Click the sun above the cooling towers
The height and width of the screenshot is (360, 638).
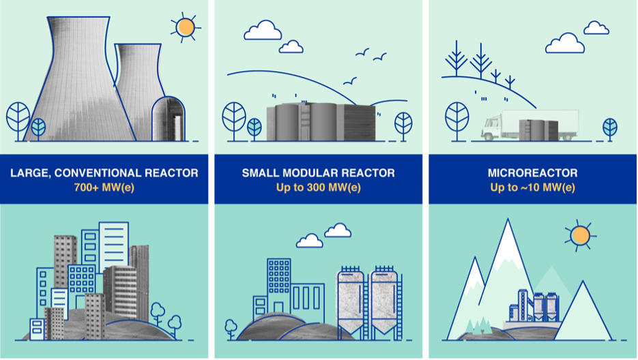click(x=184, y=27)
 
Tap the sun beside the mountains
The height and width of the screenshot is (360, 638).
click(x=580, y=235)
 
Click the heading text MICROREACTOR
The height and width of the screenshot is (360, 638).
click(x=532, y=172)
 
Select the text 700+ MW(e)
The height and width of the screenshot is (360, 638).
click(x=104, y=187)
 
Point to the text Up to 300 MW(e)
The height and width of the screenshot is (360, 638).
click(x=318, y=187)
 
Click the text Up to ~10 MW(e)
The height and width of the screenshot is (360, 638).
click(x=532, y=187)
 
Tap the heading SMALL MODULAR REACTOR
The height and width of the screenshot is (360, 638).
click(x=318, y=172)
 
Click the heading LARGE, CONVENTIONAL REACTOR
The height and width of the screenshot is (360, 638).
click(x=104, y=172)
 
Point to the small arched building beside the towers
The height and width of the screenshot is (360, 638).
click(x=169, y=119)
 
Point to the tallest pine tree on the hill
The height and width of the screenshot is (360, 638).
click(x=480, y=58)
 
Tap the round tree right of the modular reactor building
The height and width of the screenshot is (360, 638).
click(x=403, y=123)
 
